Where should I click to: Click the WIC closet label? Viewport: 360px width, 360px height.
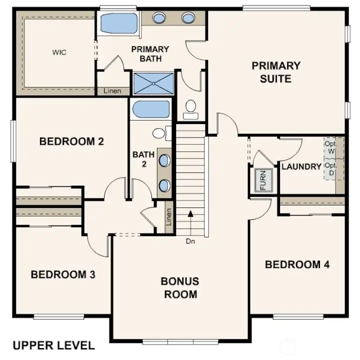tap(59, 52)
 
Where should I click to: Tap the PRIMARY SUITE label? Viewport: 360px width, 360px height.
tap(275, 72)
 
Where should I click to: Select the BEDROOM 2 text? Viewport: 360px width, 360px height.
tap(71, 141)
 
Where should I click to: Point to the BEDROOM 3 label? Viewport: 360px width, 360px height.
tap(63, 274)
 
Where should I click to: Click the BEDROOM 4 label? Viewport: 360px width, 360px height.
tap(297, 264)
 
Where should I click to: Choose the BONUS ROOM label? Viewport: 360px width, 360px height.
tap(179, 287)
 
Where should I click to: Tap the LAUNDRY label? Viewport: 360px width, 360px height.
tap(301, 166)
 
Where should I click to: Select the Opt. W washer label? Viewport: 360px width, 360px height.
tap(331, 147)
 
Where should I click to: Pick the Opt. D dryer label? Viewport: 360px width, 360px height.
tap(331, 168)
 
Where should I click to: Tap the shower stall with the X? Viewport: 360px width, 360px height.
tap(153, 83)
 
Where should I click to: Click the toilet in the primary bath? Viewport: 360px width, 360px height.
tap(190, 108)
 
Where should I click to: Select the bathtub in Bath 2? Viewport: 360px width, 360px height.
tap(150, 109)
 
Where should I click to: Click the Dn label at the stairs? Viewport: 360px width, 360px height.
tap(189, 241)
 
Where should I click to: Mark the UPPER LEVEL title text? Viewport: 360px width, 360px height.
tap(53, 345)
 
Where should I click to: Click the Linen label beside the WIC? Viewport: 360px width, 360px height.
tap(112, 91)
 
